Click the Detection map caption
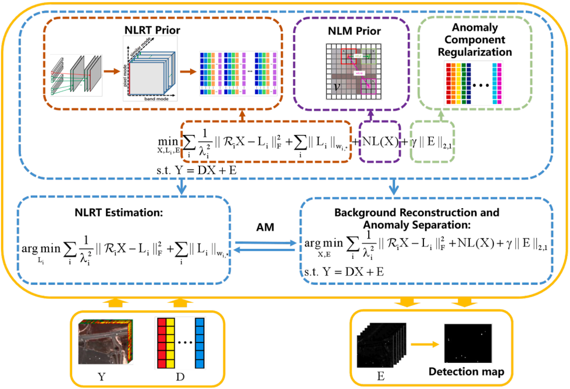(467, 371)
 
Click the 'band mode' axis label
(152, 101)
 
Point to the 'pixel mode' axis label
(125, 75)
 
